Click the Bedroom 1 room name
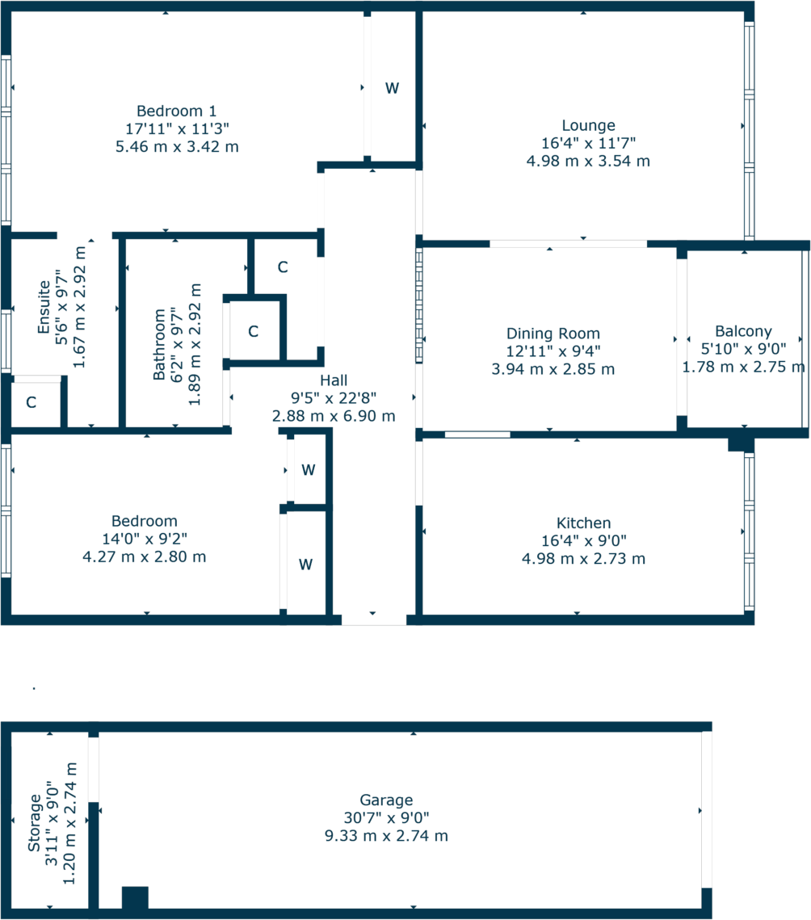(x=176, y=111)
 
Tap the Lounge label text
(x=588, y=125)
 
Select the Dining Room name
(x=553, y=334)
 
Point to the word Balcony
(x=743, y=331)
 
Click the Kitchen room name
(x=583, y=523)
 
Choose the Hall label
(x=334, y=380)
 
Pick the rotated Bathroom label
(x=160, y=344)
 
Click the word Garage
(x=387, y=800)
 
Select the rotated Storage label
(x=35, y=823)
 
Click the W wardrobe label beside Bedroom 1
(x=392, y=89)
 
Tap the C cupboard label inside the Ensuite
(x=31, y=402)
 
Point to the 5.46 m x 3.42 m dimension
(x=177, y=146)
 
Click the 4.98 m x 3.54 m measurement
(x=588, y=161)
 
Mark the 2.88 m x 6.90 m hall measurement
(x=334, y=416)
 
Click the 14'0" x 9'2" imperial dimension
(x=145, y=539)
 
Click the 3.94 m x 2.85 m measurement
(x=553, y=369)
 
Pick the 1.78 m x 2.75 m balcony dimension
(x=743, y=367)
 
